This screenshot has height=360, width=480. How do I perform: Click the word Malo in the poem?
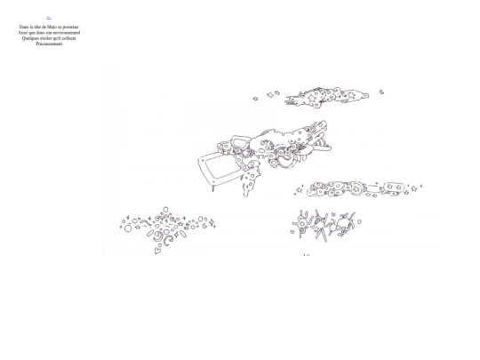tap(49, 27)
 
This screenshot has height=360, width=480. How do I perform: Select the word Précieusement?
tap(49, 43)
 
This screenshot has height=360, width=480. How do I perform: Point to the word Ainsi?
tap(22, 32)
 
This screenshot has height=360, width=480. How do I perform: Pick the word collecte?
tap(68, 37)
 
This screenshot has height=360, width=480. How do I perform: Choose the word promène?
tap(69, 27)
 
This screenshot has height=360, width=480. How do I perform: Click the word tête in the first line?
tap(36, 27)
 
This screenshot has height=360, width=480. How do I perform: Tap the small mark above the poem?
tap(49, 18)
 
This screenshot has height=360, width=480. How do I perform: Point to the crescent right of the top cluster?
tap(381, 91)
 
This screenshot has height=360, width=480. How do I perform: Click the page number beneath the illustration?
tap(306, 256)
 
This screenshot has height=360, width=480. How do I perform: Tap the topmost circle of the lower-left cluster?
tap(165, 210)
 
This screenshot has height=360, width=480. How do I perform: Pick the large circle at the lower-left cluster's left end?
tap(128, 228)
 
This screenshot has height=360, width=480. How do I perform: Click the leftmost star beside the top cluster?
tap(256, 96)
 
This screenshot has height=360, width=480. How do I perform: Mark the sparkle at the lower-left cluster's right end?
tap(213, 224)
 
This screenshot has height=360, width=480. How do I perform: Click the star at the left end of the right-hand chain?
tap(299, 189)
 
